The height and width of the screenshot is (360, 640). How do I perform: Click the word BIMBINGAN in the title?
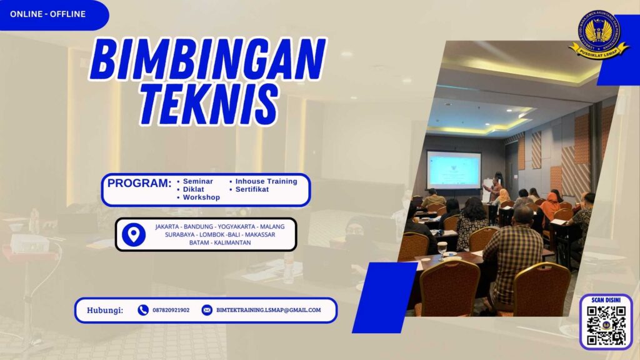[207, 59]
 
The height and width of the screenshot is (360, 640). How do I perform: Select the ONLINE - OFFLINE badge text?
[47, 14]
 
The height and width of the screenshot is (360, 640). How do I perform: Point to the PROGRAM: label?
[139, 184]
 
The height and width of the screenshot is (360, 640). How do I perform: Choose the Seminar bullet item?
[197, 181]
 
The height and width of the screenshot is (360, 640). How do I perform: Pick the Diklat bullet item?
[194, 189]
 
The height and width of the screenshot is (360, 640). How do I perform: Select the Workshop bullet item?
[201, 197]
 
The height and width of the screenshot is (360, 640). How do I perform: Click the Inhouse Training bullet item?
[266, 181]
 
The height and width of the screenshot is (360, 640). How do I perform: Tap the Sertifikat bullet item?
[252, 189]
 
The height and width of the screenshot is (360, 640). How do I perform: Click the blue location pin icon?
[133, 234]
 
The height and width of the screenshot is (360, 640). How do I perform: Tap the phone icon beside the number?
[143, 310]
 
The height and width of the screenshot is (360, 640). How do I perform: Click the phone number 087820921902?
[171, 310]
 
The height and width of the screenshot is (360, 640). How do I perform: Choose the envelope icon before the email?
[207, 310]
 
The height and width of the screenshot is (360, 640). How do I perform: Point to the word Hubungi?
[105, 310]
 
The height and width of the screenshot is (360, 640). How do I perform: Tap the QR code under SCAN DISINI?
[606, 326]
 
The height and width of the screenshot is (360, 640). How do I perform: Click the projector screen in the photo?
[454, 170]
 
